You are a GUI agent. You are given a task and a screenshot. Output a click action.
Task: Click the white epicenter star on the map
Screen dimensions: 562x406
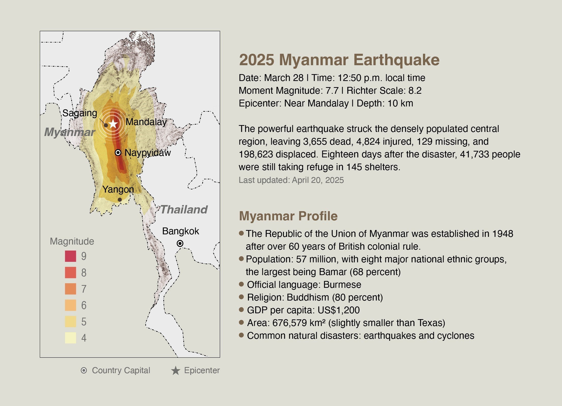pyautogui.click(x=113, y=124)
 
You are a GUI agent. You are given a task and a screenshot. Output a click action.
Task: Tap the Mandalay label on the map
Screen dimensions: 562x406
pyautogui.click(x=146, y=122)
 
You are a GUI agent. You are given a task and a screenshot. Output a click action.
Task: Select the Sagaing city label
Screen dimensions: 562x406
pyautogui.click(x=80, y=113)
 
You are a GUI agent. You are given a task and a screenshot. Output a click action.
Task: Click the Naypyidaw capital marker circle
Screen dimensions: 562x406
pyautogui.click(x=118, y=153)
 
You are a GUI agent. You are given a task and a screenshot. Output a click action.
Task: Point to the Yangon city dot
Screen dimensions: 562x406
pyautogui.click(x=120, y=200)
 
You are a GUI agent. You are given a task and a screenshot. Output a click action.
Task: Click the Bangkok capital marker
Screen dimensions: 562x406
pyautogui.click(x=180, y=243)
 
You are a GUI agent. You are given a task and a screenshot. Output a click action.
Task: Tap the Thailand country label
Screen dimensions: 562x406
pyautogui.click(x=184, y=210)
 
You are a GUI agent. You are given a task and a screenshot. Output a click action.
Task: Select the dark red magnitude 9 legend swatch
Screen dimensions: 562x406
pyautogui.click(x=70, y=256)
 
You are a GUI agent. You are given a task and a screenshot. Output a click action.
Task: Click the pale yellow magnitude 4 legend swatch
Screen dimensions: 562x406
pyautogui.click(x=70, y=338)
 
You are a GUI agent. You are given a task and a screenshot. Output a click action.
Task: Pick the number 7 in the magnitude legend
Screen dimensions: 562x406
pyautogui.click(x=84, y=289)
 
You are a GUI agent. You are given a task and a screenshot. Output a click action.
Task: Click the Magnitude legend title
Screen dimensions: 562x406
pyautogui.click(x=72, y=241)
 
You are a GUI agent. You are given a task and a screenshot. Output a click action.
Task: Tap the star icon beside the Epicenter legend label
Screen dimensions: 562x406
pyautogui.click(x=176, y=371)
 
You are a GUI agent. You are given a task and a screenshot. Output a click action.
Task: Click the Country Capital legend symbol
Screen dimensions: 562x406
pyautogui.click(x=84, y=370)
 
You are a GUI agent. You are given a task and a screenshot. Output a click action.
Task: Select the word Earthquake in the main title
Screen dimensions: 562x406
pyautogui.click(x=396, y=60)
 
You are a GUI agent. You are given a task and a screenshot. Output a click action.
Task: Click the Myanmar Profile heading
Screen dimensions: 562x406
pyautogui.click(x=288, y=216)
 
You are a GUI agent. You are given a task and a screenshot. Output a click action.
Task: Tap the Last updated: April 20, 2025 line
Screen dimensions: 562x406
pyautogui.click(x=291, y=180)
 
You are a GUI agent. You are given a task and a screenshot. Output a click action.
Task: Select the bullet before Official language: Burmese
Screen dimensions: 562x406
pyautogui.click(x=241, y=284)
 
